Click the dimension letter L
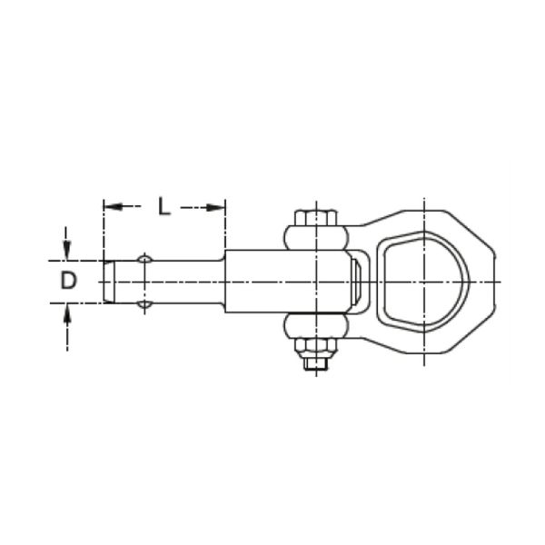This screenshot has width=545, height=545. pos(163,205)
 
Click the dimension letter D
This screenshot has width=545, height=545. pos(69,282)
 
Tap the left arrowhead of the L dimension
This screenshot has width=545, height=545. pos(108,207)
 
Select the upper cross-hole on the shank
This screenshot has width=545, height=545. pos(144,260)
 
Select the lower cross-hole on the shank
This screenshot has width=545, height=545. pos(144,304)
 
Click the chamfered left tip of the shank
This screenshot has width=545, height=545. pos(107,282)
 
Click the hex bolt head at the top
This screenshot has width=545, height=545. pos(316,217)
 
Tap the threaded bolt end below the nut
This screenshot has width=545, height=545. pos(316,364)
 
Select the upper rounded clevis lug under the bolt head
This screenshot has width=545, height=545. pos(316,239)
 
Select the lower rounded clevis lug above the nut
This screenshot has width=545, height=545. pos(316,326)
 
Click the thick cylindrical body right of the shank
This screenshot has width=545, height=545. pos(272,282)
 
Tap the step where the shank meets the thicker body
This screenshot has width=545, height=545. pos(224,282)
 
